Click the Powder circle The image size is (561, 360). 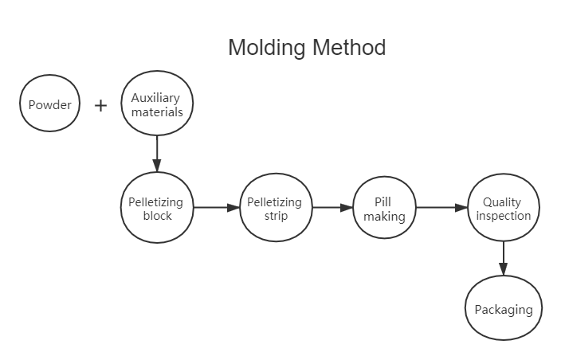[50, 104]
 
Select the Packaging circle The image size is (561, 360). [503, 310]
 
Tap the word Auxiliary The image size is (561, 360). [157, 98]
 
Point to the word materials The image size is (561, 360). [157, 112]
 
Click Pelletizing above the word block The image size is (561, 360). [157, 202]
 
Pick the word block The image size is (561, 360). [157, 216]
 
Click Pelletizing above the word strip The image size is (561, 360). [274, 202]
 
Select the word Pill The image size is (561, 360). [384, 202]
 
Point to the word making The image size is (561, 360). [385, 217]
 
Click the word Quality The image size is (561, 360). [502, 202]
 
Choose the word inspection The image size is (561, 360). [502, 216]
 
